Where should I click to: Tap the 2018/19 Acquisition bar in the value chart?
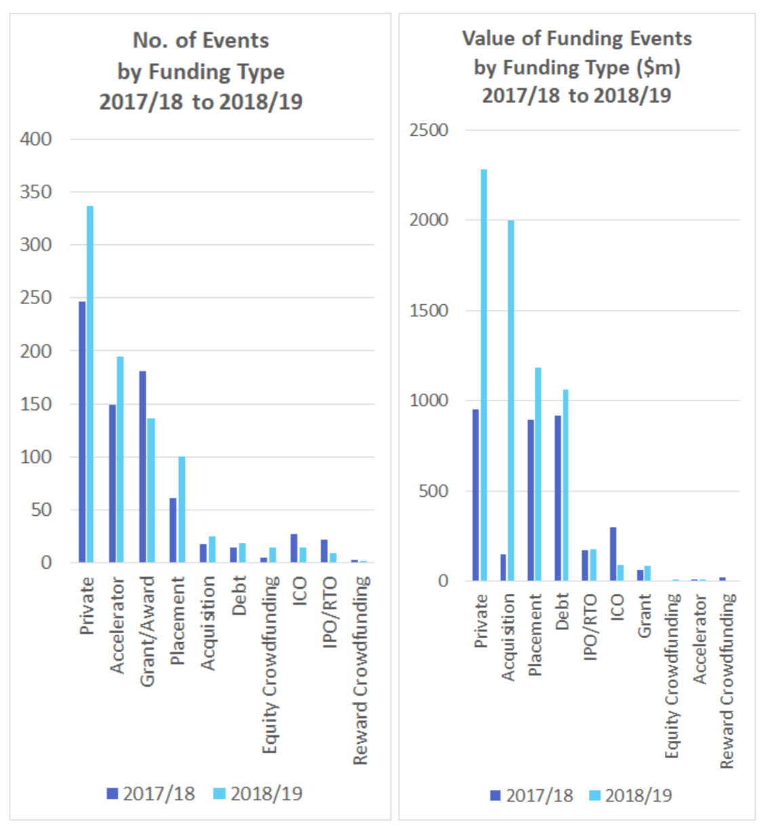pos(511,400)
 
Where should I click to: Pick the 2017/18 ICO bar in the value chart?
pos(613,554)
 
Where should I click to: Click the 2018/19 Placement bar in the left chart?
pos(181,510)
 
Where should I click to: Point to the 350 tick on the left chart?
pos(35,192)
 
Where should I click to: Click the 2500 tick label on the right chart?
pos(428,130)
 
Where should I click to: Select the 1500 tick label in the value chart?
pos(428,311)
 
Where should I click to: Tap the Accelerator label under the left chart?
pos(117,625)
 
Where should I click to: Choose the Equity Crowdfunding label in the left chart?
pos(270,664)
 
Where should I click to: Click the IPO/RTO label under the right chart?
pos(590,626)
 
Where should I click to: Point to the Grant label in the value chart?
pos(644,616)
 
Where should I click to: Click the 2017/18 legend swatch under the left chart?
pos(113,793)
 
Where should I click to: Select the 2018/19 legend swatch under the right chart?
pos(594,795)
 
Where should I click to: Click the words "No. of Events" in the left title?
pos(201,41)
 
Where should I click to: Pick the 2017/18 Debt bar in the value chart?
pos(558,498)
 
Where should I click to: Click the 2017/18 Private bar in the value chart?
pos(476,495)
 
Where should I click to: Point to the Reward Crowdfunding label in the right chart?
pos(727,681)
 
